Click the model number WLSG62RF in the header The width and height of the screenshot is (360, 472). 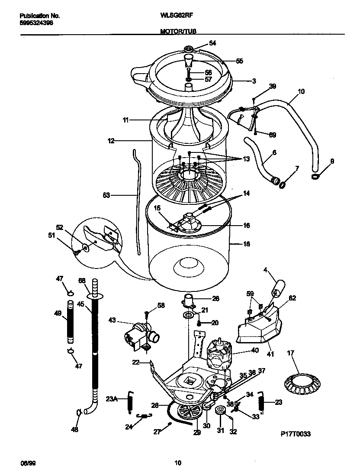[x=176, y=15]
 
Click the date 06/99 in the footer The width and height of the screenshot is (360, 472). [x=27, y=463]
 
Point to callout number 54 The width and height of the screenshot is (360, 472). [x=212, y=43]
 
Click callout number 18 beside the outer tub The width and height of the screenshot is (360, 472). [x=246, y=244]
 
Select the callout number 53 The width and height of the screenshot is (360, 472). [x=107, y=195]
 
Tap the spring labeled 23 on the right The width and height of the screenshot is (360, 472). [x=261, y=402]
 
